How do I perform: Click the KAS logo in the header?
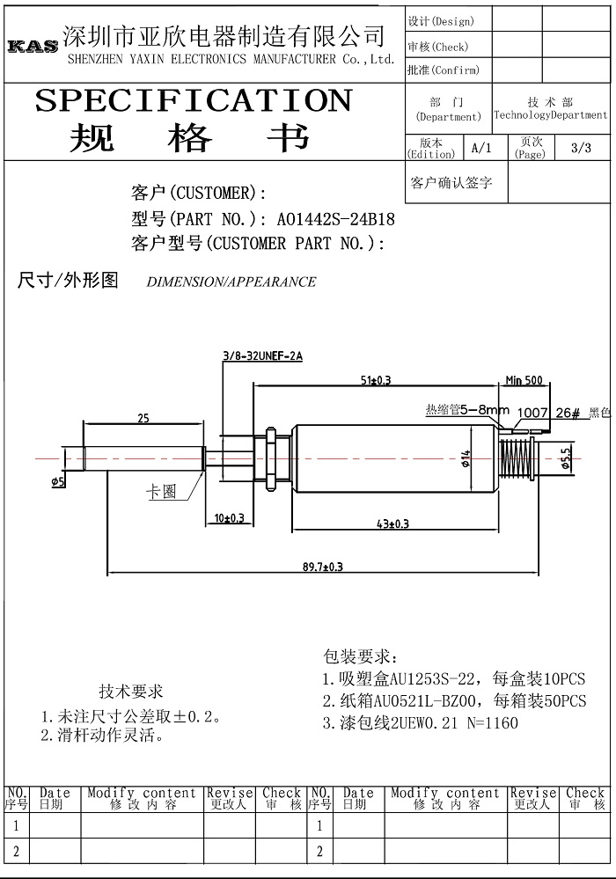pyautogui.click(x=33, y=46)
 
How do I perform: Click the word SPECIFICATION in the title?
pyautogui.click(x=194, y=101)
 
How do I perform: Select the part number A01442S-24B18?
pyautogui.click(x=336, y=218)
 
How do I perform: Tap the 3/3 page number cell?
pyautogui.click(x=582, y=148)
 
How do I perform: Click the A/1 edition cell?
pyautogui.click(x=481, y=148)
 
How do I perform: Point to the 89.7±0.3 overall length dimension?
pyautogui.click(x=323, y=567)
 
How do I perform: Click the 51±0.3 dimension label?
pyautogui.click(x=376, y=380)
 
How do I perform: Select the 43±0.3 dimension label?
pyautogui.click(x=392, y=524)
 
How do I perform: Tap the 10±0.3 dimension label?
pyautogui.click(x=230, y=517)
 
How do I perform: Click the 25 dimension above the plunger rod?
pyautogui.click(x=143, y=418)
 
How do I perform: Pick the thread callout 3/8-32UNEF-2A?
pyautogui.click(x=263, y=356)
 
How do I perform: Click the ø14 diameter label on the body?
pyautogui.click(x=466, y=458)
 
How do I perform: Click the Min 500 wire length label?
pyautogui.click(x=524, y=380)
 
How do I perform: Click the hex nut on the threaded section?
pyautogui.click(x=271, y=458)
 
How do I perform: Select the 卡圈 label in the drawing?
pyautogui.click(x=161, y=492)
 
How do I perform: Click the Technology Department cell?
pyautogui.click(x=551, y=109)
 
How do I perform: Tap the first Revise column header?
pyautogui.click(x=230, y=799)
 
